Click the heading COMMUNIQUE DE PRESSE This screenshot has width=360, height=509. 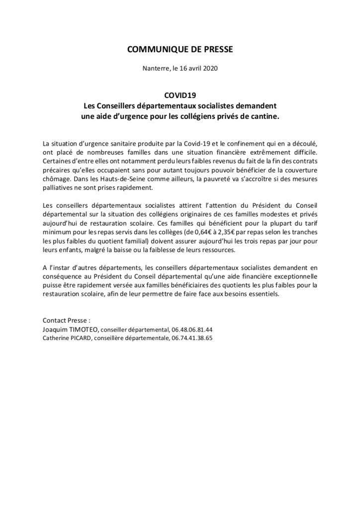click(180, 49)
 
